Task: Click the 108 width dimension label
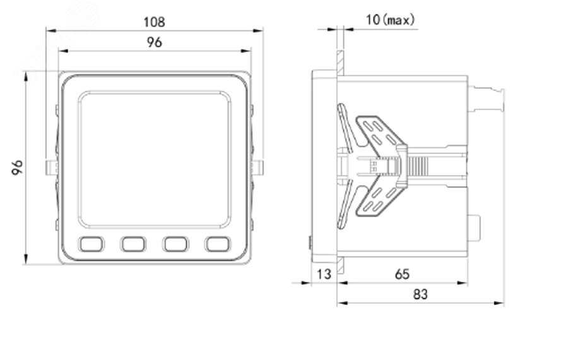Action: click(155, 22)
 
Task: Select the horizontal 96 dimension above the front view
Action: click(155, 42)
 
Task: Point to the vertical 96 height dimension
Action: click(17, 167)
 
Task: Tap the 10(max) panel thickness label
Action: click(390, 20)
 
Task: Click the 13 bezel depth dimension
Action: click(324, 274)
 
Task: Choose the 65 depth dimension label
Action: click(402, 274)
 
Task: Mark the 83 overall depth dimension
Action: click(420, 294)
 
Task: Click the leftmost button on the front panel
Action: click(92, 244)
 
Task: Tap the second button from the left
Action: click(133, 244)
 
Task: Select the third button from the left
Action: click(175, 244)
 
